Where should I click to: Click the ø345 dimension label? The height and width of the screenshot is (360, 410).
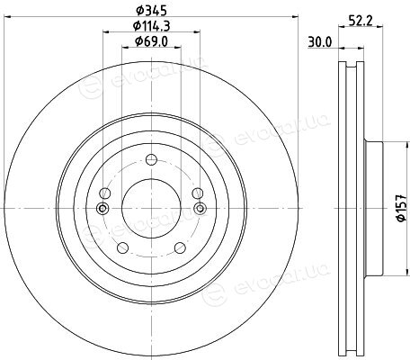pyautogui.click(x=151, y=11)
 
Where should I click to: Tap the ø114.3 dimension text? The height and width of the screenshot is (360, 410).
pyautogui.click(x=151, y=26)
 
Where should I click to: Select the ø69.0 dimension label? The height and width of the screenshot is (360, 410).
pyautogui.click(x=151, y=41)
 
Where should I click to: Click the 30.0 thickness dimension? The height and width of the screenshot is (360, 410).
pyautogui.click(x=320, y=42)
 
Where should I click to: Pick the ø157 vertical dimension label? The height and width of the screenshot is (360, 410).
pyautogui.click(x=401, y=208)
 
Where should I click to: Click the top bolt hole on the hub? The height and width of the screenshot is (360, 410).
pyautogui.click(x=151, y=159)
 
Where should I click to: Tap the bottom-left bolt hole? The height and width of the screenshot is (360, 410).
pyautogui.click(x=122, y=247)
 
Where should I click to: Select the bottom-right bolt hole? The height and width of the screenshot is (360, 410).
pyautogui.click(x=180, y=247)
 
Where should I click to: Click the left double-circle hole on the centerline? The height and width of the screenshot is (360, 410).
pyautogui.click(x=102, y=208)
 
